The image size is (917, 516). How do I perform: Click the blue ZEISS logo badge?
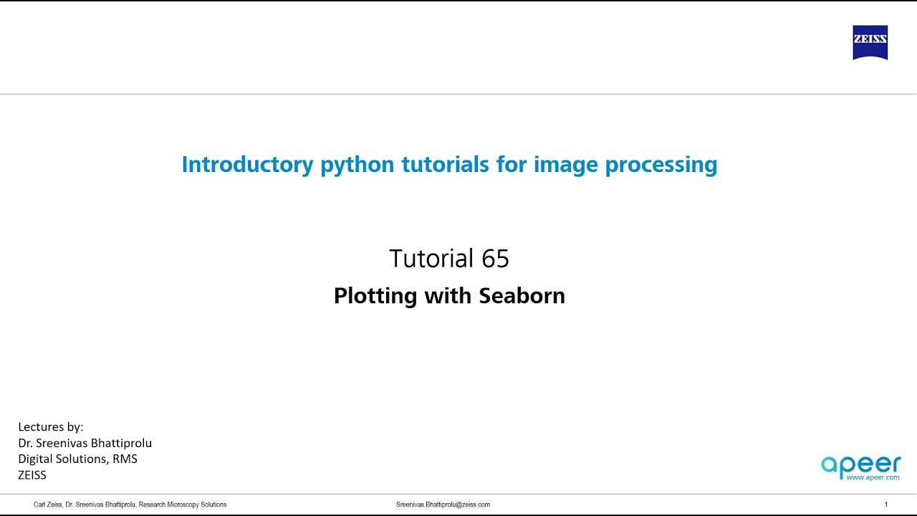click(870, 43)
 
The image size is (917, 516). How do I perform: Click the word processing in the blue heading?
click(661, 165)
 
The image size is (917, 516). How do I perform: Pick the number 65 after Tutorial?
click(495, 259)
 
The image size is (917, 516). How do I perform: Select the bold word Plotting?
click(375, 296)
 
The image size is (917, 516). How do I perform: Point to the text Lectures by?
click(51, 427)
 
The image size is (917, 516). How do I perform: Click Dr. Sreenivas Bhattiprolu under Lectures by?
click(85, 443)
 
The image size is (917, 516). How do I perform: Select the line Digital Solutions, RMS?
click(77, 459)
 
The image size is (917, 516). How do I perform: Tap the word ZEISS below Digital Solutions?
click(32, 474)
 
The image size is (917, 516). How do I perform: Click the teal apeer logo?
click(860, 465)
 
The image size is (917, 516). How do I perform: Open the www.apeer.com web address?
click(872, 477)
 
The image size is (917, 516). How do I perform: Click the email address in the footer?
click(443, 505)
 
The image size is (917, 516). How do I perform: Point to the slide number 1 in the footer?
click(886, 505)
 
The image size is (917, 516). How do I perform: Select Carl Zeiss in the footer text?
click(48, 505)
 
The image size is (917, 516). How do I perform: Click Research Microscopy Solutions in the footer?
click(183, 505)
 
